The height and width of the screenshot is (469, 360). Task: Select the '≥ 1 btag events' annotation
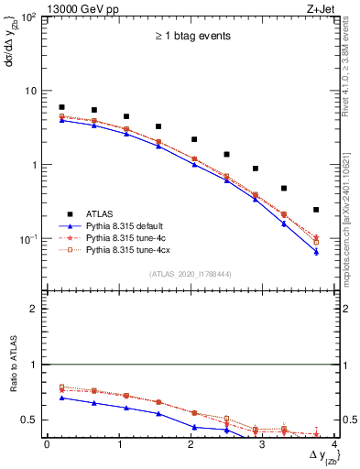pyautogui.click(x=191, y=36)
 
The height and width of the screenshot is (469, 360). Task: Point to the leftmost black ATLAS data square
pyautogui.click(x=61, y=107)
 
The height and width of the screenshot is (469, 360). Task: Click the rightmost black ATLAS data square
pyautogui.click(x=316, y=210)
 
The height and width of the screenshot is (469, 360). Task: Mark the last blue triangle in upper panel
pyautogui.click(x=316, y=252)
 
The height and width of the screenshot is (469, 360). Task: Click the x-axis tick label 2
pyautogui.click(x=190, y=444)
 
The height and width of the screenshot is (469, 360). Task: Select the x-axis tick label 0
pyautogui.click(x=47, y=444)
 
